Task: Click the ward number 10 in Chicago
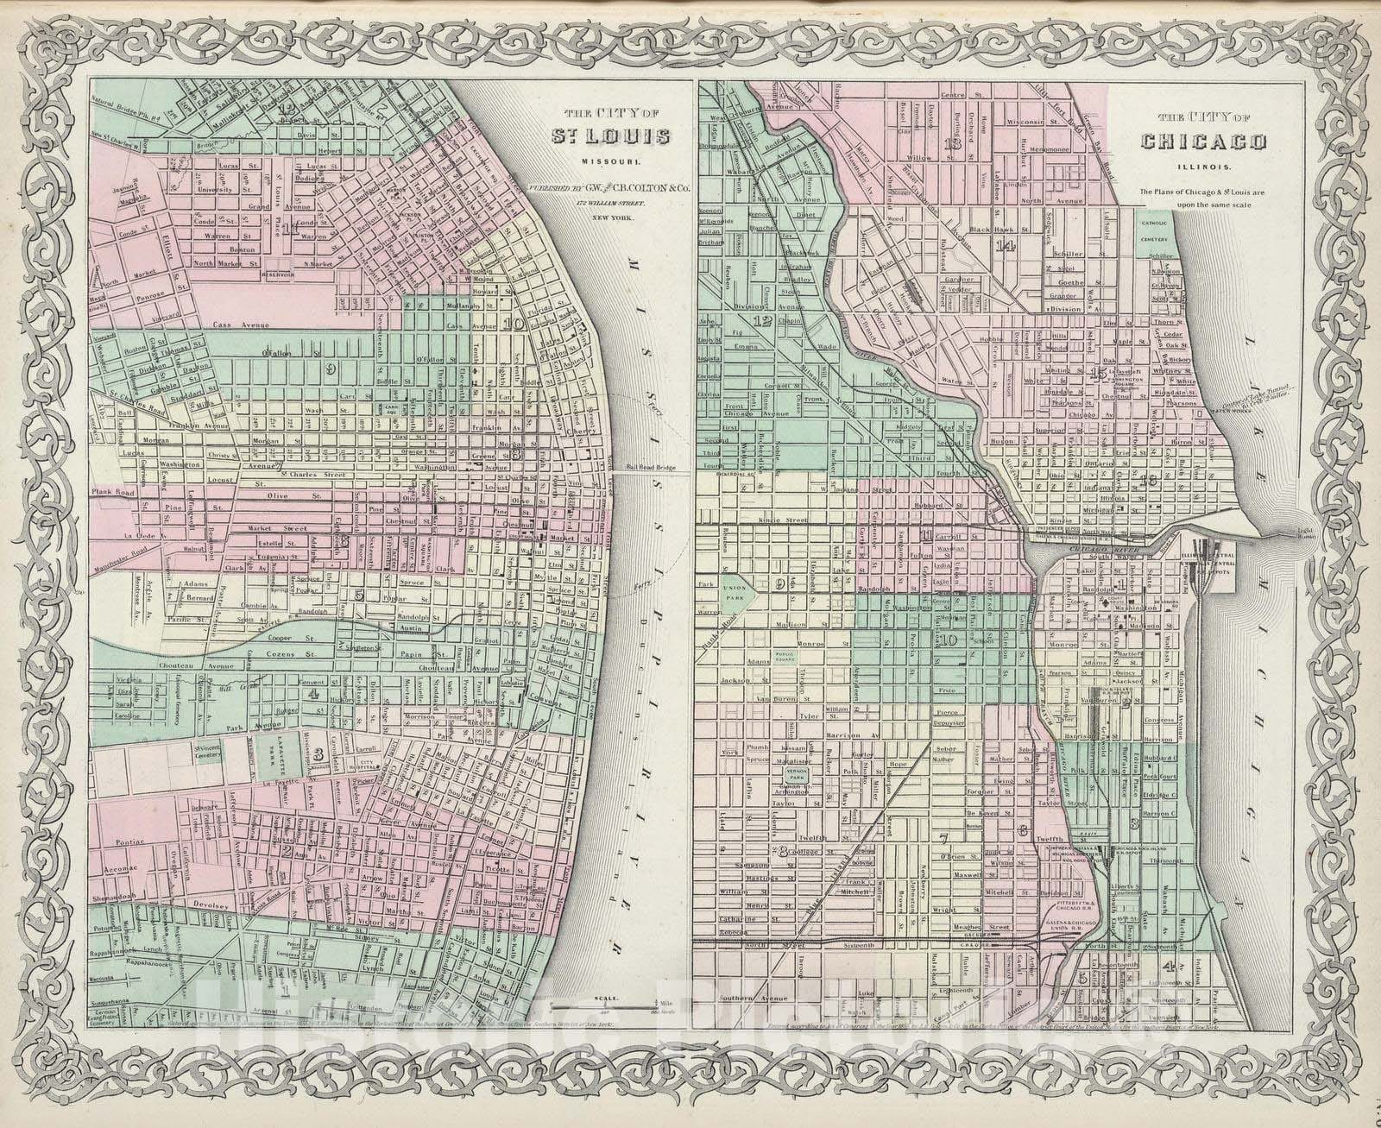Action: tap(949, 640)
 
